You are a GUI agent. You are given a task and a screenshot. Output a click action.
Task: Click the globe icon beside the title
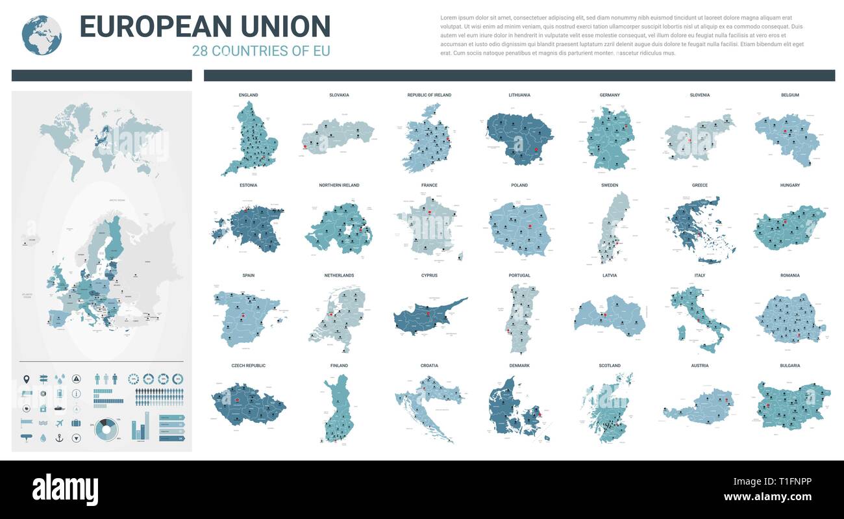(42, 35)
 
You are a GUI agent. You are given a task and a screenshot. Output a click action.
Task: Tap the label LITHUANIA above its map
(519, 95)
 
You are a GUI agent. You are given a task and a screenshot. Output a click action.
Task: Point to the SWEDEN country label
(610, 186)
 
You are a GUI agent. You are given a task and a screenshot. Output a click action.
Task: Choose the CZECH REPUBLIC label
(248, 366)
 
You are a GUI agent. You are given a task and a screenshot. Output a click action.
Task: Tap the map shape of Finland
(338, 406)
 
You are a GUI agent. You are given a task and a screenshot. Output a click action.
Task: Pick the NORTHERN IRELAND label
(339, 186)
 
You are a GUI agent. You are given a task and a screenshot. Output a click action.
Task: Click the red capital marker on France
(429, 210)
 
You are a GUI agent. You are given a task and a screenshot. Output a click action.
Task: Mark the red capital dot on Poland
(530, 226)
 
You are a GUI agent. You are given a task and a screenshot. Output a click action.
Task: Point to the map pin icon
(27, 379)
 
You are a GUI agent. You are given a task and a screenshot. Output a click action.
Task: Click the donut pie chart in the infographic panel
(107, 429)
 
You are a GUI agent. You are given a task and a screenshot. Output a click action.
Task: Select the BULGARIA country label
(790, 366)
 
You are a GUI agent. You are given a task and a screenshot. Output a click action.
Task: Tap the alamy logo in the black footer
(65, 489)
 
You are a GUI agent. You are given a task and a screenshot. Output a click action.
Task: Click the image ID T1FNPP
(789, 482)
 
